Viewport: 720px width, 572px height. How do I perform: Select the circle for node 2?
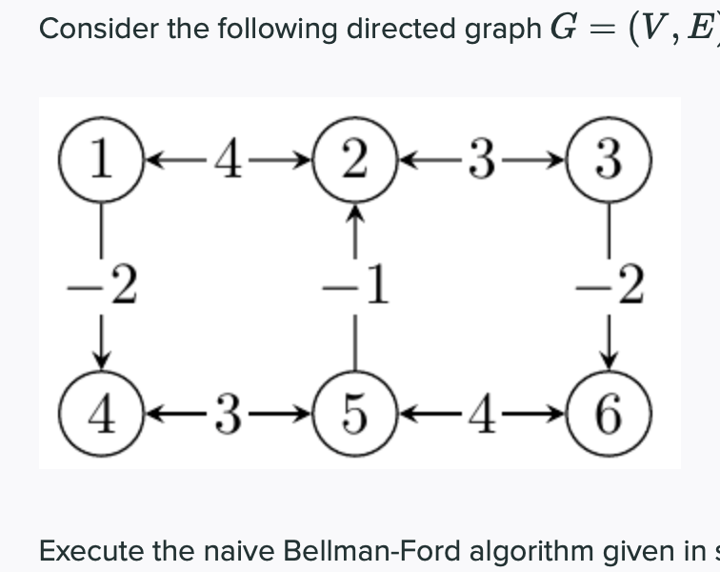[x=355, y=158]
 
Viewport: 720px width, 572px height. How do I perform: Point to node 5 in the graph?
[x=355, y=416]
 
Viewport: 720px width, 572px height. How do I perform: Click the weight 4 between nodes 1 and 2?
[x=229, y=159]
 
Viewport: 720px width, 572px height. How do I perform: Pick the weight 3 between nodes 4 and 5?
[x=229, y=417]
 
